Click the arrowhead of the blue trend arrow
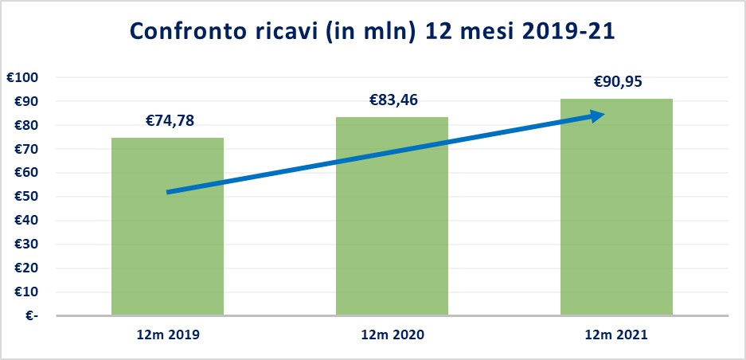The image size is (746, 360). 596,116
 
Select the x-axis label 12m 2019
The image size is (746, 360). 167,335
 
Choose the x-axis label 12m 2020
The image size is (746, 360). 392,335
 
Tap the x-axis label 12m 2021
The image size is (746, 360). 616,335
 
